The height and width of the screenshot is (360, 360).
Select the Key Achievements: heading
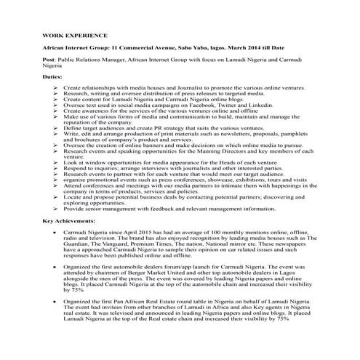pyautogui.click(x=68, y=219)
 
